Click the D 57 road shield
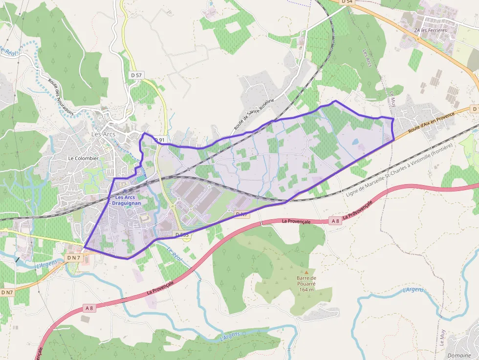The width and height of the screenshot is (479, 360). pyautogui.click(x=137, y=75)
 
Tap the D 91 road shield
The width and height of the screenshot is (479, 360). pyautogui.click(x=160, y=140)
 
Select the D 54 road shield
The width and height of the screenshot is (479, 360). pyautogui.click(x=347, y=2)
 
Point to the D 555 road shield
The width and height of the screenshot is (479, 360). pyautogui.click(x=181, y=235)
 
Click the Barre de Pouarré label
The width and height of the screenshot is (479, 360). pyautogui.click(x=306, y=281)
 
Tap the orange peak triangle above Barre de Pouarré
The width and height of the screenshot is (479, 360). pyautogui.click(x=306, y=272)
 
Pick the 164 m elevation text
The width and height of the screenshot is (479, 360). pyautogui.click(x=306, y=289)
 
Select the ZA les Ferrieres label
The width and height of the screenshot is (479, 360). pyautogui.click(x=431, y=30)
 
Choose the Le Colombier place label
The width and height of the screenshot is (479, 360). pyautogui.click(x=83, y=158)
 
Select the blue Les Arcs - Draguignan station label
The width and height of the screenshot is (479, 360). pyautogui.click(x=126, y=200)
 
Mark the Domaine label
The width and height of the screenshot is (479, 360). pyautogui.click(x=459, y=356)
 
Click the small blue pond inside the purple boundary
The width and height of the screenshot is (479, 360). pyautogui.click(x=355, y=142)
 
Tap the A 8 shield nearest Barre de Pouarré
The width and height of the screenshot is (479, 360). pyautogui.click(x=335, y=221)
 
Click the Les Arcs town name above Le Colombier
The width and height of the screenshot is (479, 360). pyautogui.click(x=103, y=134)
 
